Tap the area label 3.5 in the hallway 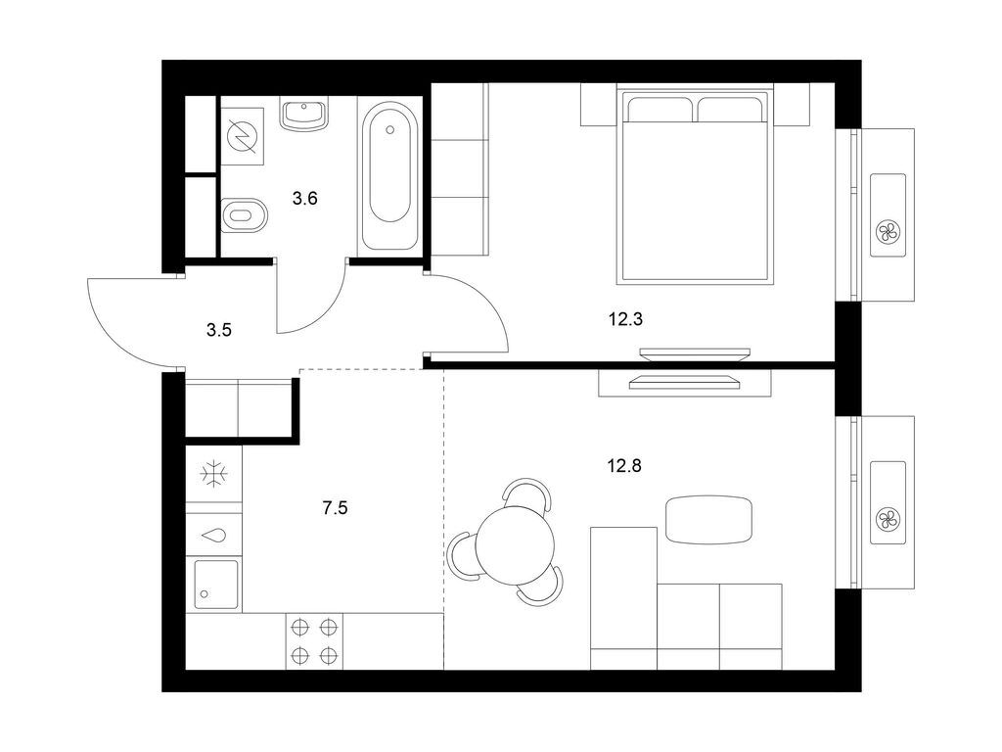[x=218, y=330]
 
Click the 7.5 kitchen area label [x=336, y=507]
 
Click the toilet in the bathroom [x=243, y=215]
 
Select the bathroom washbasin [x=304, y=115]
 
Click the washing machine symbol [x=240, y=136]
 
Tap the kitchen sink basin [x=213, y=584]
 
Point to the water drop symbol [x=214, y=536]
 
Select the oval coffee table [x=708, y=519]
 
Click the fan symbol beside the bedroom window [x=888, y=232]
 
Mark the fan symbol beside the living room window [x=888, y=519]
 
